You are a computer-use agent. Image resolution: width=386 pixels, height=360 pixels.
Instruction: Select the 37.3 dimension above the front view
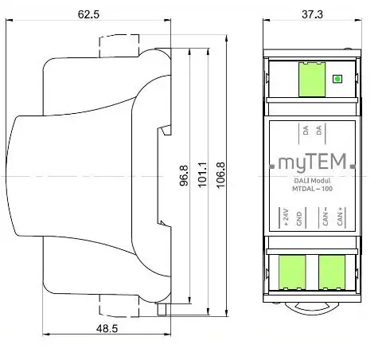(310, 14)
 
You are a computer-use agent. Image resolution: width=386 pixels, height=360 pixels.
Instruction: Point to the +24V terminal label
(287, 217)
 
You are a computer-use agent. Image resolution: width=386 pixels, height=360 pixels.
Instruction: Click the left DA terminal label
(305, 129)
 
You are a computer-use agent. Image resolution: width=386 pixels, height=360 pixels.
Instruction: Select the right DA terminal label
(317, 129)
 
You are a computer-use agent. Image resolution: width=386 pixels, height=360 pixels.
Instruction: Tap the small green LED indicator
(337, 79)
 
